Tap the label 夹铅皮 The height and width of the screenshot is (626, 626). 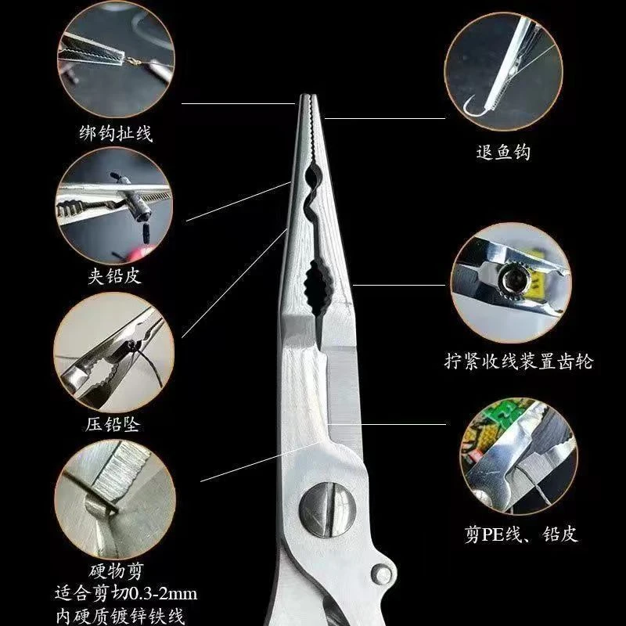coord(115,276)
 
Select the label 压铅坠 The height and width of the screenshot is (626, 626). coord(114,426)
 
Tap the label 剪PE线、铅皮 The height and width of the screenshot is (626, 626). coord(519,534)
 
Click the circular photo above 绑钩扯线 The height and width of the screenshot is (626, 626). coord(113,59)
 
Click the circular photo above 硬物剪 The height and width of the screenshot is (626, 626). coord(113,498)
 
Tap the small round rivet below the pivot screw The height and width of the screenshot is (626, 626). coord(383,572)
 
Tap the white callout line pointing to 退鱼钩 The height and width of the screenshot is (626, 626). coord(383,118)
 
